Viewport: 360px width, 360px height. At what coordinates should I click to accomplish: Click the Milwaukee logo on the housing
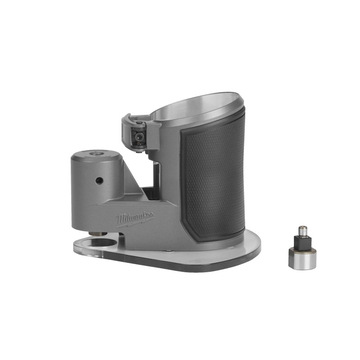pyautogui.click(x=135, y=218)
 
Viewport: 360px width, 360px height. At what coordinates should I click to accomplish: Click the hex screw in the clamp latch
pyautogui.click(x=139, y=135)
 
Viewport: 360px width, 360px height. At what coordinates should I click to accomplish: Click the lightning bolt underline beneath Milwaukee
pyautogui.click(x=135, y=222)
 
